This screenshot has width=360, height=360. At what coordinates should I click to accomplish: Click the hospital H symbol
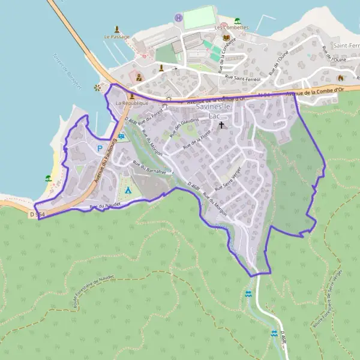tap(178, 17)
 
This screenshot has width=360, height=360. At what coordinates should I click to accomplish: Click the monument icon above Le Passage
tap(117, 29)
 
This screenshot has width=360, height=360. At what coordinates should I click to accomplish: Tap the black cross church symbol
tap(221, 125)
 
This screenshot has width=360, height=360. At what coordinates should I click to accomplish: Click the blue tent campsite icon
tap(127, 190)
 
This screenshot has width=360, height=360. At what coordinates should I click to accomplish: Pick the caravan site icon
tap(122, 137)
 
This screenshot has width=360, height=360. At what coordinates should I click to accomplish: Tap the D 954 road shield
tap(37, 214)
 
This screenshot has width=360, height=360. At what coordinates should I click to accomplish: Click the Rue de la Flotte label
tap(197, 140)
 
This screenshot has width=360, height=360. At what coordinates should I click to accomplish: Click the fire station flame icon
tap(341, 78)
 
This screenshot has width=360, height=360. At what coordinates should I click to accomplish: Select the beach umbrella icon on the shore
tap(49, 178)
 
